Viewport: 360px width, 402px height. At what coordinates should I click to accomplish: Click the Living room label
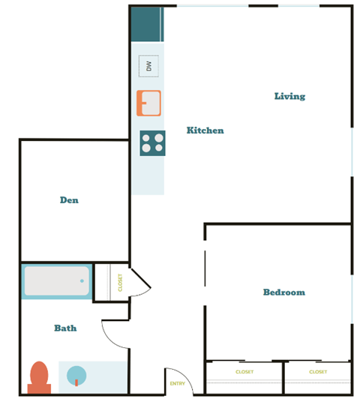tap(289, 96)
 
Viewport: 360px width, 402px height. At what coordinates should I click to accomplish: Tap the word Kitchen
tap(205, 130)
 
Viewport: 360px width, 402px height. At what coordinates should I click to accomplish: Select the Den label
tap(69, 200)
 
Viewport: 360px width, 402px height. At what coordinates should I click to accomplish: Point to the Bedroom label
tap(283, 292)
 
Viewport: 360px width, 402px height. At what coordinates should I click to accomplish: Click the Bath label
tap(65, 328)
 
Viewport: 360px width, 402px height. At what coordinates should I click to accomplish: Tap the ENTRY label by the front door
tap(177, 384)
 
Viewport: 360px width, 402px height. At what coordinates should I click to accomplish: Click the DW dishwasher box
tap(148, 65)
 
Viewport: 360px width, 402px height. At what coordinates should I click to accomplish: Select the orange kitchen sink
tap(148, 103)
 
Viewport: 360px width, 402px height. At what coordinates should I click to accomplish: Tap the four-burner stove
tap(152, 142)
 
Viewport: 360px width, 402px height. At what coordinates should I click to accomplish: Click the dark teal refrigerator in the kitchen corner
tap(147, 24)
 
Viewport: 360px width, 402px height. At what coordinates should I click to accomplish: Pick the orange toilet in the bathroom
tap(39, 376)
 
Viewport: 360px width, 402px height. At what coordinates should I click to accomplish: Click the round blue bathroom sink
tap(76, 375)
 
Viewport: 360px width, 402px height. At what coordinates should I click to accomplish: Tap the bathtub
tap(56, 281)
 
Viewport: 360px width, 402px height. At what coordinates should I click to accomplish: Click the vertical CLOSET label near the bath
tap(120, 282)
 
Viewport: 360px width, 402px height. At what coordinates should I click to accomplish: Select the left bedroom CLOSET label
tap(244, 372)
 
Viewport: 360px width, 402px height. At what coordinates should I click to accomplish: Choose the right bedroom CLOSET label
tap(318, 372)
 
